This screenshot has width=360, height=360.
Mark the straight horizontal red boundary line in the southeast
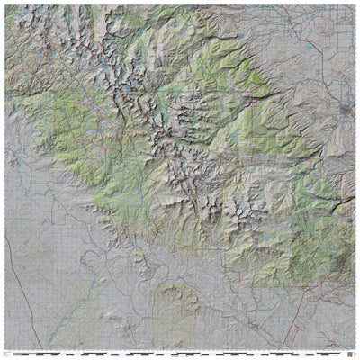click(x=270, y=285)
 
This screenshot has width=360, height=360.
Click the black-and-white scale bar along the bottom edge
click(x=180, y=352)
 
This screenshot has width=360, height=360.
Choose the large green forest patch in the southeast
click(x=306, y=234)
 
